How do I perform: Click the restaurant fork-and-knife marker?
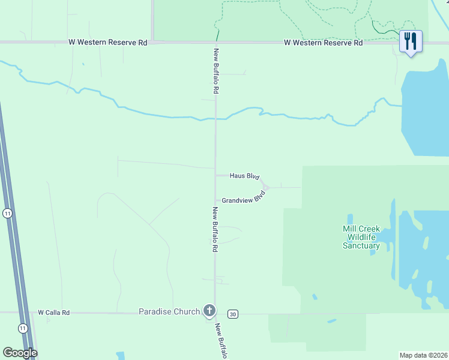click(x=411, y=41)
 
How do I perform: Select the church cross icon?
click(x=209, y=310)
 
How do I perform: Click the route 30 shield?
click(x=233, y=314)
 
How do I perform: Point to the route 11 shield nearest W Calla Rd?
click(x=22, y=328)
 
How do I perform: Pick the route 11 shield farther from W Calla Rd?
click(x=7, y=214)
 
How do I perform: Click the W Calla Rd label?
click(x=54, y=313)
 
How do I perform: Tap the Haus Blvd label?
click(x=244, y=176)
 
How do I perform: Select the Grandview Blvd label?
click(x=243, y=199)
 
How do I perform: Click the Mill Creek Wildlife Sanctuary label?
click(x=361, y=237)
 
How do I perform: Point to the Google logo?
click(x=20, y=353)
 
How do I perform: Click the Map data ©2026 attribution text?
click(x=424, y=355)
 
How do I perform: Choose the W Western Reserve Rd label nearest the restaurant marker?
click(x=323, y=43)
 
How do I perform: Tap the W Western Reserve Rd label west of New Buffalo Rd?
click(x=107, y=43)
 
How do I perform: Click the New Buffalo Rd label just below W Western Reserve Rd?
click(x=215, y=71)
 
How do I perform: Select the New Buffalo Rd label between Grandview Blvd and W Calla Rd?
click(x=214, y=230)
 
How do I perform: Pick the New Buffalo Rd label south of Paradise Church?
click(x=221, y=341)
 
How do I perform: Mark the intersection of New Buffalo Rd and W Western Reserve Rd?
click(x=215, y=43)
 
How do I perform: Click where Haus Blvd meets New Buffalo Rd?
click(x=215, y=175)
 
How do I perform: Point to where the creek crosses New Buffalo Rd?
click(x=215, y=119)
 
